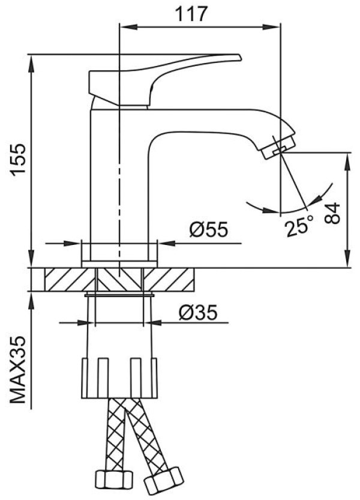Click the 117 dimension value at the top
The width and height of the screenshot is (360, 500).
191,14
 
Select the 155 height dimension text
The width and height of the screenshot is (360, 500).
18,160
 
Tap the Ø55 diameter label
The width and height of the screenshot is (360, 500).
209,229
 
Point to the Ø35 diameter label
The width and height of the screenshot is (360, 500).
197,313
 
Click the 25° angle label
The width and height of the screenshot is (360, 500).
299,226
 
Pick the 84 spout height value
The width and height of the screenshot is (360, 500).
332,213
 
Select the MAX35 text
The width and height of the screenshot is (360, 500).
18,370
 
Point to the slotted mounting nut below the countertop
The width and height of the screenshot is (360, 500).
119,378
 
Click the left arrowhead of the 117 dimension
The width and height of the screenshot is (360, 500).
128,27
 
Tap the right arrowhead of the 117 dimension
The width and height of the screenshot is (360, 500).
271,27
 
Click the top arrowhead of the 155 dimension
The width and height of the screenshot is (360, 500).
31,65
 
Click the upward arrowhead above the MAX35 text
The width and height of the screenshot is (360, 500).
31,301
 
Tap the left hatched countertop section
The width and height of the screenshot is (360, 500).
70,280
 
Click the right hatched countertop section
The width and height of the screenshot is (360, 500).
169,280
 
